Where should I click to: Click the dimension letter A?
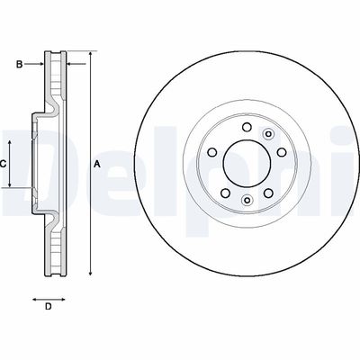(x=97, y=164)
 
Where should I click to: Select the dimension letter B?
(x=17, y=63)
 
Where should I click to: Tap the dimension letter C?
(x=4, y=164)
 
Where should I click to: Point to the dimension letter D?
(x=49, y=308)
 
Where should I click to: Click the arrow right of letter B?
(x=36, y=63)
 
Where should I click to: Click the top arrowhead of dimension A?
(x=90, y=57)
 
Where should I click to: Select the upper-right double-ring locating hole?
(x=266, y=136)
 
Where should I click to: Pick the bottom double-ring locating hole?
(x=246, y=200)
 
